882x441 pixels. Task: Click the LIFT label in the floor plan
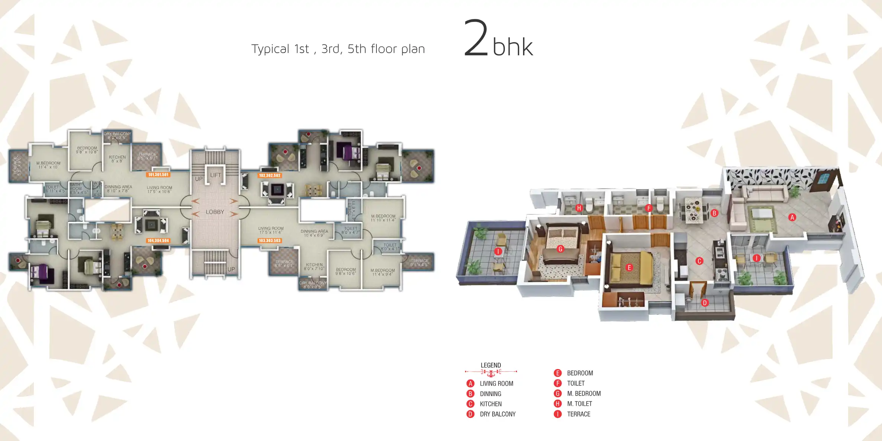[215, 175]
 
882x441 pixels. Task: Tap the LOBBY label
[215, 212]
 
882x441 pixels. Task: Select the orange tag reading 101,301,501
[159, 174]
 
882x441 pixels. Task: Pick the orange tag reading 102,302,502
[270, 176]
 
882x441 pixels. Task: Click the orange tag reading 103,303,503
[270, 241]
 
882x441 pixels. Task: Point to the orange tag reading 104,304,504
[158, 241]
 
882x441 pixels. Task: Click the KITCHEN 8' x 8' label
[117, 159]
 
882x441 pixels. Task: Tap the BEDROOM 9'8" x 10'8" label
[87, 150]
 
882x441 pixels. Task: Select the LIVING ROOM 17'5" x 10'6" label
[160, 190]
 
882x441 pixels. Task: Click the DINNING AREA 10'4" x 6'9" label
[314, 233]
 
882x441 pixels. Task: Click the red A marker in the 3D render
[792, 218]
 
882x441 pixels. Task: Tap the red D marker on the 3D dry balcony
[705, 303]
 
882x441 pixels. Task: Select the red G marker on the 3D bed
[561, 249]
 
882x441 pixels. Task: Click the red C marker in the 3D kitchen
[699, 261]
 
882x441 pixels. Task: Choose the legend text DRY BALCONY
[497, 414]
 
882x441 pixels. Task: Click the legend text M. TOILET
[579, 404]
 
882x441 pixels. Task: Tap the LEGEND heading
[491, 365]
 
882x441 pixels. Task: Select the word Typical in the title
[270, 49]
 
